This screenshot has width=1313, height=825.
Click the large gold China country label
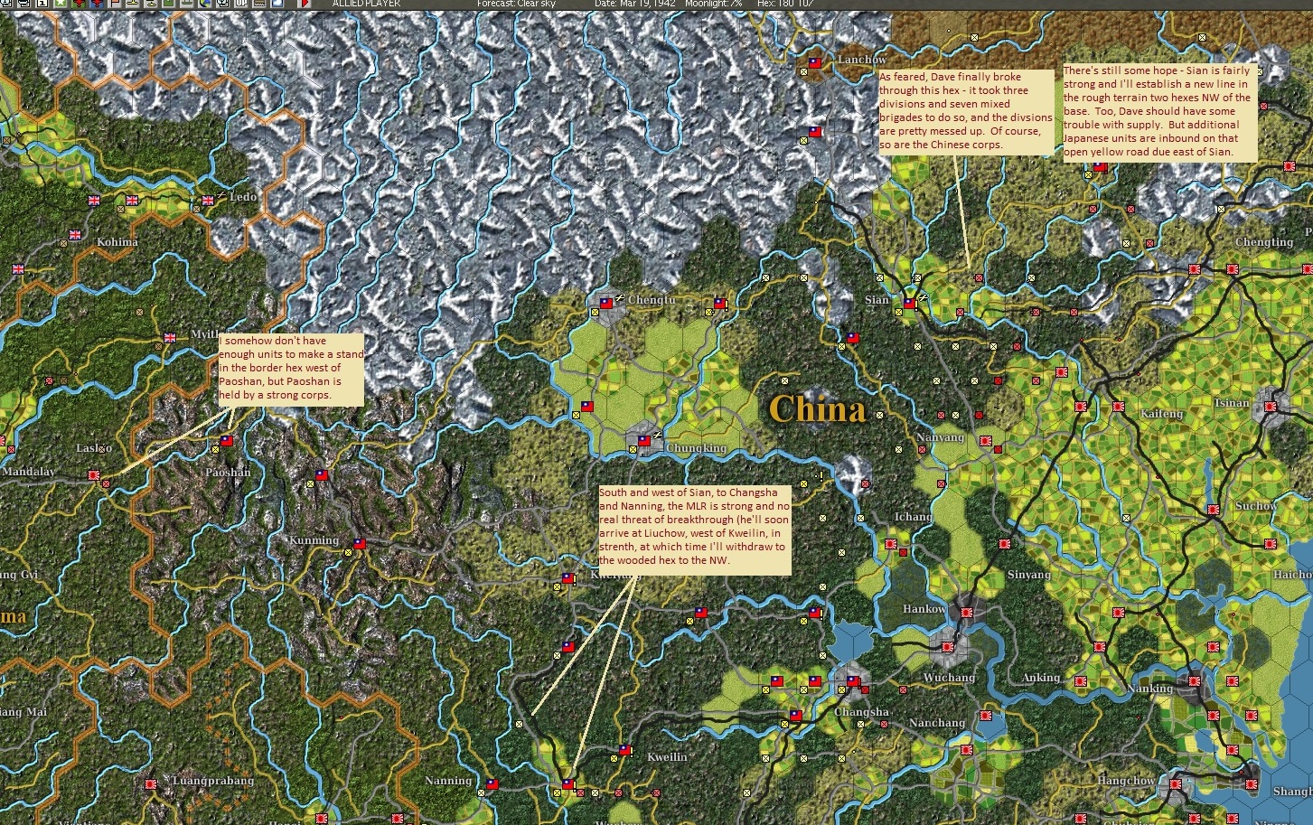(x=817, y=409)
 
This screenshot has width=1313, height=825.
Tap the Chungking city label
(x=696, y=448)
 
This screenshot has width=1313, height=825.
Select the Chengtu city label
(x=651, y=300)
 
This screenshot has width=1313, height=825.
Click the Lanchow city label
(x=861, y=60)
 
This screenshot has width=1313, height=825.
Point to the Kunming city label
(x=314, y=540)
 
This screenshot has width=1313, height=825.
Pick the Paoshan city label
(x=228, y=473)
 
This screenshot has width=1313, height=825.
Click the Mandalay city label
(x=29, y=472)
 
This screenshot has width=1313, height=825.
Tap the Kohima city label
(x=117, y=242)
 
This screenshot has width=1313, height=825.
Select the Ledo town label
(x=243, y=197)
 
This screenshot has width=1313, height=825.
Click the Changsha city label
(x=861, y=712)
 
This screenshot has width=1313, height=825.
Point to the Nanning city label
(x=448, y=781)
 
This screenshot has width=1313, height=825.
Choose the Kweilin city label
(x=667, y=757)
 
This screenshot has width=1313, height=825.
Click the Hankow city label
(x=924, y=609)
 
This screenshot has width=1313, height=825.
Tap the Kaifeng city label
(x=1161, y=414)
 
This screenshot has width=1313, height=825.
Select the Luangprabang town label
(x=212, y=781)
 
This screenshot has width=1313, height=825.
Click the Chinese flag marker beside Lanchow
(x=814, y=63)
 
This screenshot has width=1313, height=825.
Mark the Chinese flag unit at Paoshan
(x=226, y=441)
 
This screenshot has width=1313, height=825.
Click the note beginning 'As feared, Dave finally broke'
(x=966, y=111)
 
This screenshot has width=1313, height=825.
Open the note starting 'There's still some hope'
(x=1158, y=111)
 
